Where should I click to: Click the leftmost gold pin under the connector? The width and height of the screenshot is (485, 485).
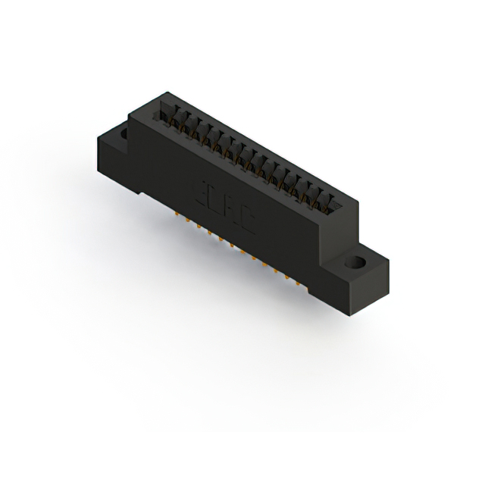point(177,214)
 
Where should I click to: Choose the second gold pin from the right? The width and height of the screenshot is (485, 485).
point(296,277)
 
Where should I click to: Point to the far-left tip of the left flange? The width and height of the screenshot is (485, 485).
point(96,140)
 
